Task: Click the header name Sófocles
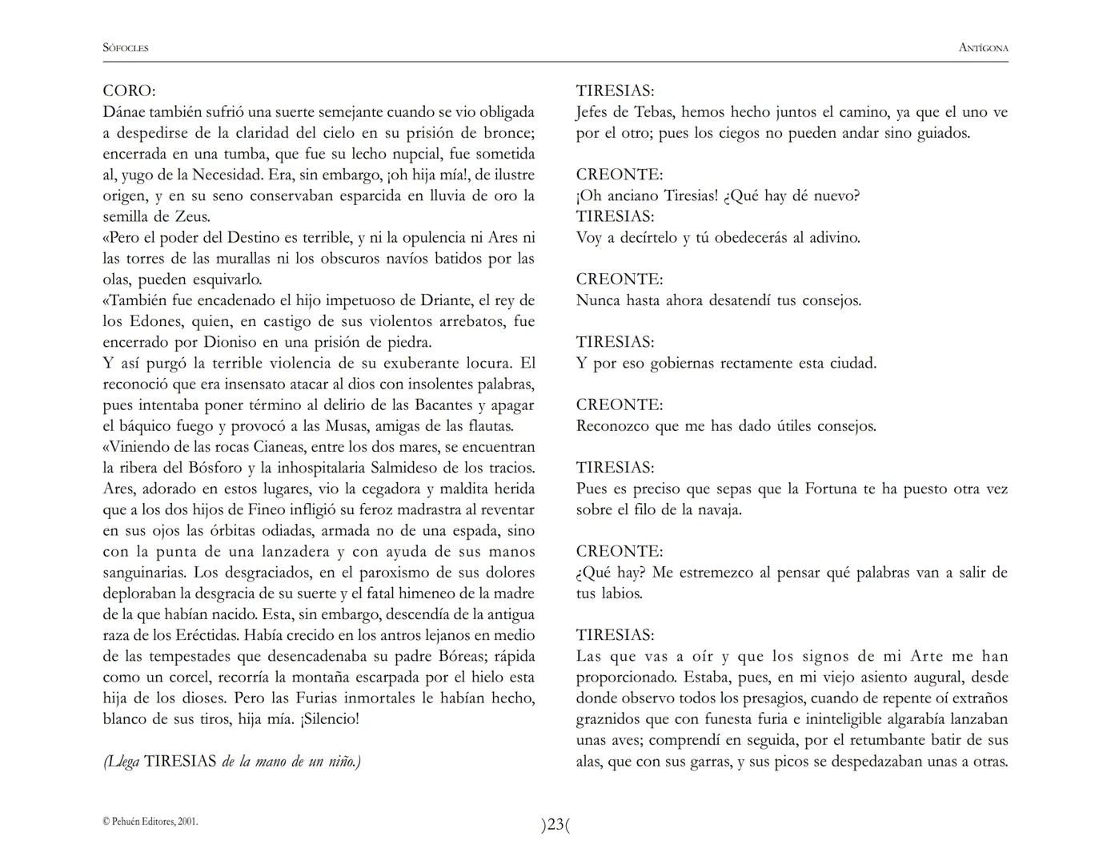(x=126, y=48)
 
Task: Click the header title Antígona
(x=983, y=48)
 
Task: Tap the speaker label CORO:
(x=129, y=91)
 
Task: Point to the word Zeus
(x=192, y=216)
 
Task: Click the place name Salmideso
(x=446, y=468)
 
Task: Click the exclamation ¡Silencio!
(x=330, y=718)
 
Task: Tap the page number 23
(x=555, y=824)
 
